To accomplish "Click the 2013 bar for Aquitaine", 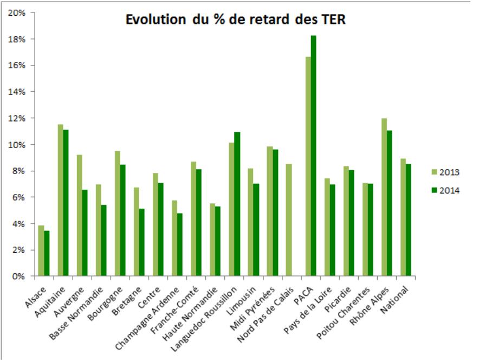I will tap(60, 201).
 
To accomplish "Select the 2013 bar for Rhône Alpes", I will tap(384, 197).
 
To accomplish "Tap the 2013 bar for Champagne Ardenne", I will tap(174, 239).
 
